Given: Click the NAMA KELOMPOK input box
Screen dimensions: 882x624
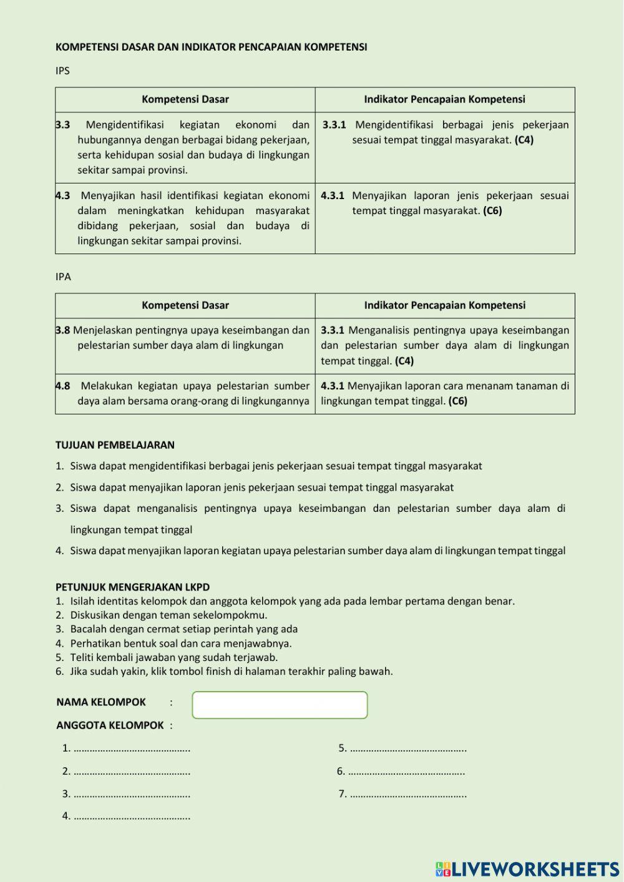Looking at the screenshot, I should point(280,705).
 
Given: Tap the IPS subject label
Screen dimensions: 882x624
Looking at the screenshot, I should point(62,71).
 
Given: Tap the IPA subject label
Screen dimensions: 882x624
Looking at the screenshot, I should point(63,277).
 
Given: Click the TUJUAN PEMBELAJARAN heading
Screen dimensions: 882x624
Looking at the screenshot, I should point(115,445).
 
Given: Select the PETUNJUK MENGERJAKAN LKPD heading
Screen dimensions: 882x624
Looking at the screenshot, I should point(132,587).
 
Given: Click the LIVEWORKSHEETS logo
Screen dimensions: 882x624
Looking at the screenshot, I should point(527,869).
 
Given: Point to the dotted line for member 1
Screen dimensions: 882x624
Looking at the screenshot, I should point(132,748).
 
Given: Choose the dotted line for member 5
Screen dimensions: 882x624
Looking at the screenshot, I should point(408,748).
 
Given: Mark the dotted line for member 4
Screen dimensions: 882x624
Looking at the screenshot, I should point(132,816).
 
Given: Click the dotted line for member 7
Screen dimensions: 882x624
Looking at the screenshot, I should point(408,795).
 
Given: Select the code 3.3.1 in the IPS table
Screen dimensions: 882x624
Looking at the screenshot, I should point(334,125).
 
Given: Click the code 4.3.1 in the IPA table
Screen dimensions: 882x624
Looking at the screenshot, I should point(333,386).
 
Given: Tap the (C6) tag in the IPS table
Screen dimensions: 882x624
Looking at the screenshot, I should point(492,211).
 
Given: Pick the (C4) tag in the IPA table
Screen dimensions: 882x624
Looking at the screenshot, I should point(404,361).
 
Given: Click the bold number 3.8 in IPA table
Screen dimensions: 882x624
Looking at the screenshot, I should point(63,330).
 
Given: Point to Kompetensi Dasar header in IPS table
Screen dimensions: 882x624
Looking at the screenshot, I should point(185,99).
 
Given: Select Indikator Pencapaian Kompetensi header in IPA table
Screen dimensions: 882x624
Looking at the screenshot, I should point(444,305).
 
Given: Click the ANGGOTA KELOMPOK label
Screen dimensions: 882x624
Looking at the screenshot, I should point(110,725).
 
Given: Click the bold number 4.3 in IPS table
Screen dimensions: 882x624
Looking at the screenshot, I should point(63,196).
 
